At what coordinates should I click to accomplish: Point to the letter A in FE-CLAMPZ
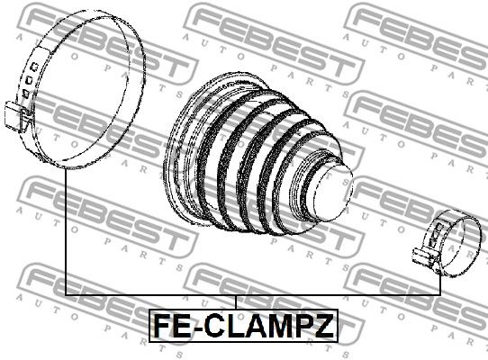[x=256, y=324]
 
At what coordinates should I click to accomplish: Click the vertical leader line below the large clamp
[x=68, y=234]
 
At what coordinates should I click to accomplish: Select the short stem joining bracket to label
[x=236, y=302]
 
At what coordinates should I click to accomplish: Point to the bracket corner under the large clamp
[x=68, y=296]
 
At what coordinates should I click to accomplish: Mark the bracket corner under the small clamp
[x=440, y=296]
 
